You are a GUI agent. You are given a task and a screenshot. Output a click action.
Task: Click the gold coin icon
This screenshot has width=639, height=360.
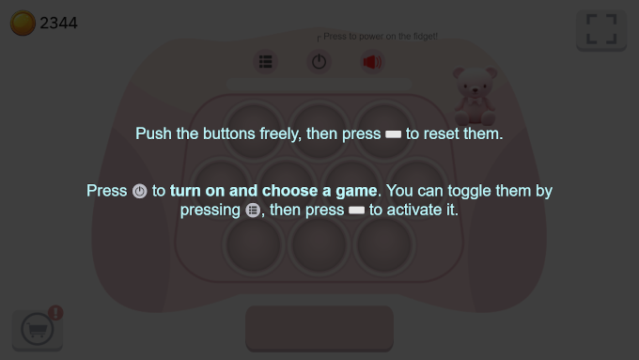pyautogui.click(x=23, y=23)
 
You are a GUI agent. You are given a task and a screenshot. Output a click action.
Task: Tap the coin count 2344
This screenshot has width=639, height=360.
pyautogui.click(x=58, y=23)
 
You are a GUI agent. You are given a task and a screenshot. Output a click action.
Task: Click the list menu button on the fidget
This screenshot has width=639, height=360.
pyautogui.click(x=266, y=62)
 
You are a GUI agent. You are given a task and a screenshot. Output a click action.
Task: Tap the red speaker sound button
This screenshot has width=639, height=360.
pyautogui.click(x=372, y=62)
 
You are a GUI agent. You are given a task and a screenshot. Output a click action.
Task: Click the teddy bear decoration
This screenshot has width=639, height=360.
pyautogui.click(x=475, y=96)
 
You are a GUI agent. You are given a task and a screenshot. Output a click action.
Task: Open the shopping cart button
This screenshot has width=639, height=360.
pyautogui.click(x=38, y=329)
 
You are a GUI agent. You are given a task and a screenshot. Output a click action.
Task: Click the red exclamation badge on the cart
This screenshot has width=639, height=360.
pyautogui.click(x=55, y=313)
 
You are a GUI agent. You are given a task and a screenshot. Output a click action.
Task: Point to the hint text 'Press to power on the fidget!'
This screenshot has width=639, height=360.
pyautogui.click(x=381, y=37)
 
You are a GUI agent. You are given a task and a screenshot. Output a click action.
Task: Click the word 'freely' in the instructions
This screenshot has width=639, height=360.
pyautogui.click(x=280, y=133)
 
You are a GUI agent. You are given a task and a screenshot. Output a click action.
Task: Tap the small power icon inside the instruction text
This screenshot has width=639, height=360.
pyautogui.click(x=139, y=191)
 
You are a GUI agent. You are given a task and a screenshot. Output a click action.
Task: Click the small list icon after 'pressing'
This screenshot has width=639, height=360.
pyautogui.click(x=253, y=210)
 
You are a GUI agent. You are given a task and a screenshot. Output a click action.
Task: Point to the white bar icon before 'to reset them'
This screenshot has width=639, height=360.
pyautogui.click(x=393, y=134)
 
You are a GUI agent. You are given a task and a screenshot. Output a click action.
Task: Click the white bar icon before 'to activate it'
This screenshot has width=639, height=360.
pyautogui.click(x=356, y=211)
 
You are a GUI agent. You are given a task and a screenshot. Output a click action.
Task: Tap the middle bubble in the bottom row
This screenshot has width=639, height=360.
pyautogui.click(x=319, y=245)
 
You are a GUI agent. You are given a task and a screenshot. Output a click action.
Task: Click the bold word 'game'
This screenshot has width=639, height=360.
pyautogui.click(x=356, y=191)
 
